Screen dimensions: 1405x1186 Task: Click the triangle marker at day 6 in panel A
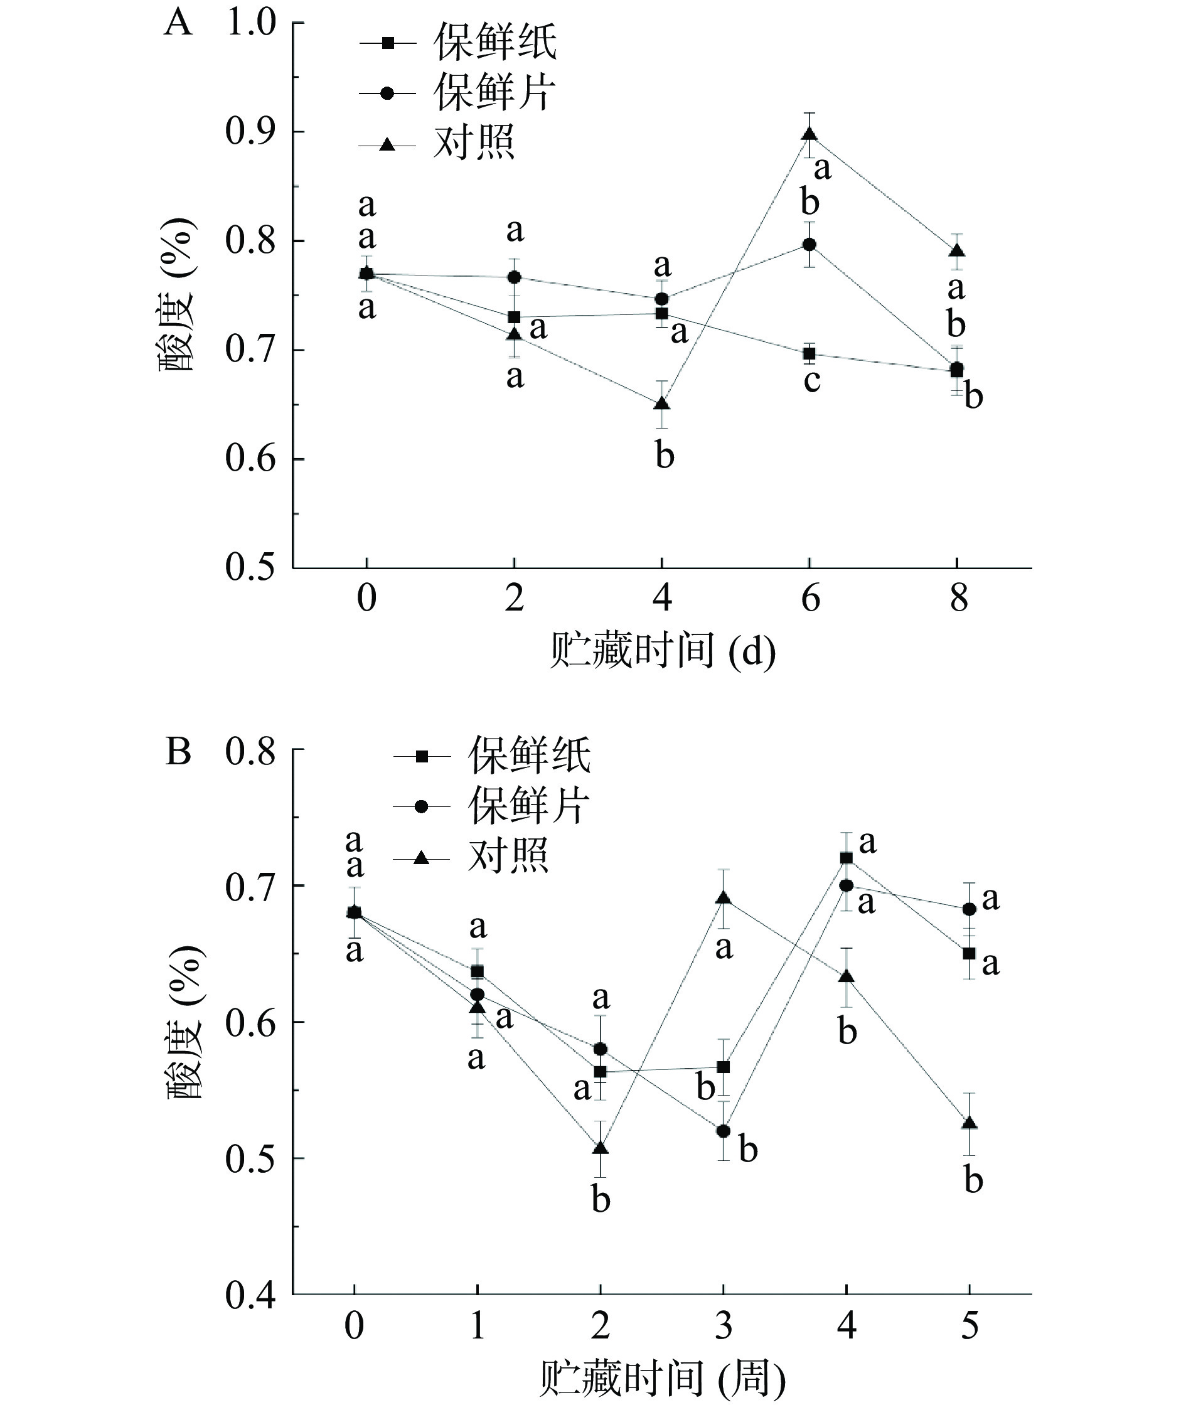click(x=809, y=134)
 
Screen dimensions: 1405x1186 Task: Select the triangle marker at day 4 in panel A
click(x=662, y=403)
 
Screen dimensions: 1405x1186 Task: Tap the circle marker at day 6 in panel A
click(x=809, y=244)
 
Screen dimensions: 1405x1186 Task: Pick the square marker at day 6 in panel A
click(x=809, y=353)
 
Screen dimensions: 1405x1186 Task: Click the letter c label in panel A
click(x=812, y=380)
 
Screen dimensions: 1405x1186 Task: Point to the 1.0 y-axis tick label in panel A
click(x=251, y=23)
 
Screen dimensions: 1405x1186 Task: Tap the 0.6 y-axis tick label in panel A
click(x=251, y=459)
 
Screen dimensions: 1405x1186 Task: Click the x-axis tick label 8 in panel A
click(x=959, y=597)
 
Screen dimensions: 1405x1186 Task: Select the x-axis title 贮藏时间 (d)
click(x=662, y=651)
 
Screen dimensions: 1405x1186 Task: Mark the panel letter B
click(x=178, y=752)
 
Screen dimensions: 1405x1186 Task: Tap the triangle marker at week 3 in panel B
click(x=724, y=899)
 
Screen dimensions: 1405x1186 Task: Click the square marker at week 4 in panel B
click(x=847, y=858)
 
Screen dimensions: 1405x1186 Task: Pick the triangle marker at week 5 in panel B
click(x=970, y=1123)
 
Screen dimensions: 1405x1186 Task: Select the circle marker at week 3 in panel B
click(x=724, y=1131)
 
